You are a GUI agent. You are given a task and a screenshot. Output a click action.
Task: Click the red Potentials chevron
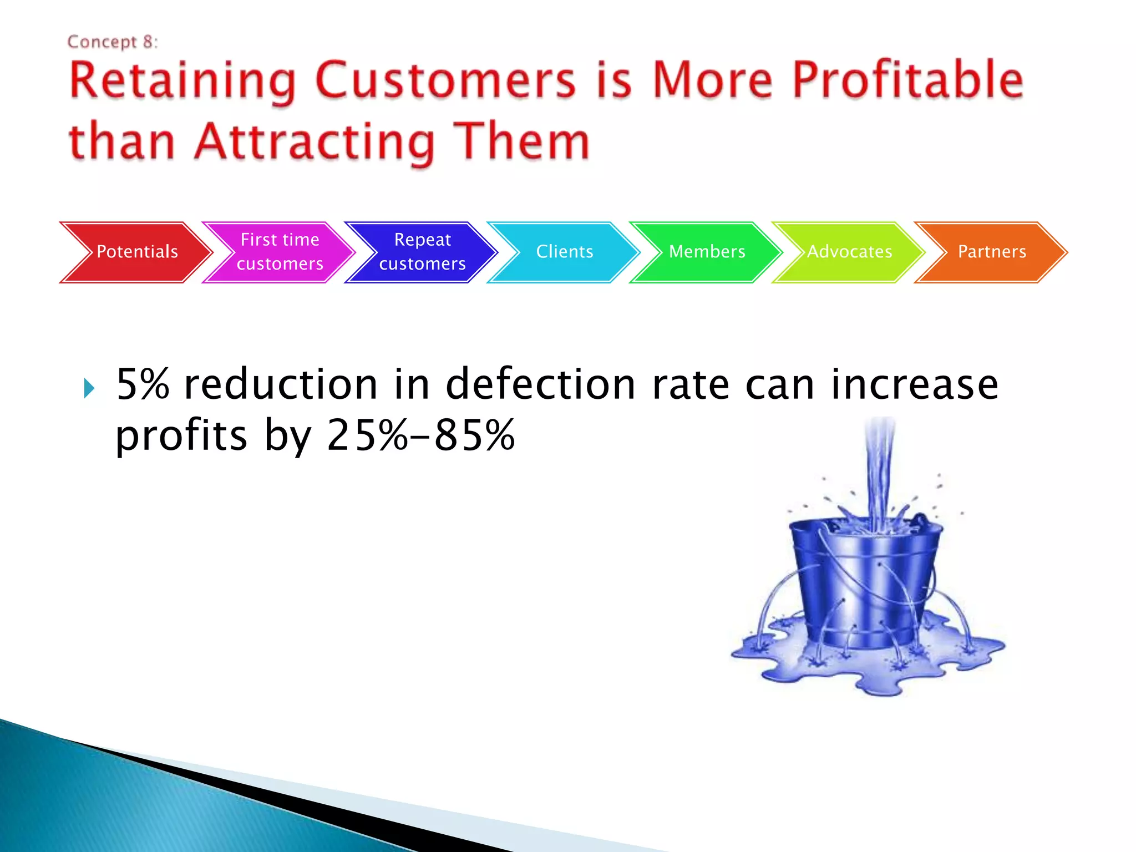136,252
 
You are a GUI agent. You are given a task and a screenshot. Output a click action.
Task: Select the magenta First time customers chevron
280,252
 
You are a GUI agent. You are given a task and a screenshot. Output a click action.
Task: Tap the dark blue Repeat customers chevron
422,252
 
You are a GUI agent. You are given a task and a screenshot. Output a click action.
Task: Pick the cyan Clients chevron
564,252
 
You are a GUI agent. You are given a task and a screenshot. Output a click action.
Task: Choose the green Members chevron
707,252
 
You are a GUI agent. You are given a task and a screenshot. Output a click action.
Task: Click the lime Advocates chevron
849,252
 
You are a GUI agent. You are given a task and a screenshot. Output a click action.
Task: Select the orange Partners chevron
992,252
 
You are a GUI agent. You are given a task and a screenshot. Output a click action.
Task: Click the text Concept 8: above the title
113,42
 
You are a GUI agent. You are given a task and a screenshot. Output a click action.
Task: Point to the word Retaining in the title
182,82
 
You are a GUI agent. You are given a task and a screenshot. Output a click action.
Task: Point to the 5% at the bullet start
143,384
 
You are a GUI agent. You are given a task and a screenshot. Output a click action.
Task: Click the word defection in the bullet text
541,384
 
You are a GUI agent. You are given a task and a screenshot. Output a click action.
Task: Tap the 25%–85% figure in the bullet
420,435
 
